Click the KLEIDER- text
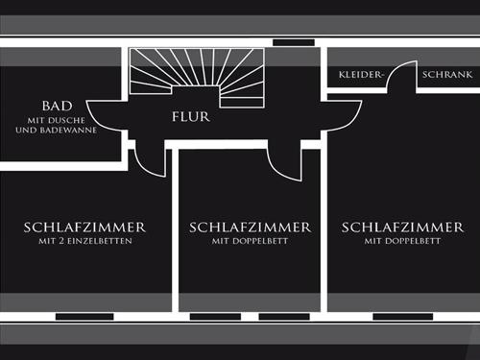[360, 74]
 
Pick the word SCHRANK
[445, 74]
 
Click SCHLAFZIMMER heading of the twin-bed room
[84, 228]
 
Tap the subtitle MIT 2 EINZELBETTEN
[84, 242]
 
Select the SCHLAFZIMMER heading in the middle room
[251, 228]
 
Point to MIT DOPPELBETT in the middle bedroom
[251, 242]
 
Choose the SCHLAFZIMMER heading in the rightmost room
[401, 228]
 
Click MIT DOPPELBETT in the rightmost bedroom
[401, 242]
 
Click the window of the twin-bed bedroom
[84, 316]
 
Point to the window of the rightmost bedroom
[402, 316]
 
